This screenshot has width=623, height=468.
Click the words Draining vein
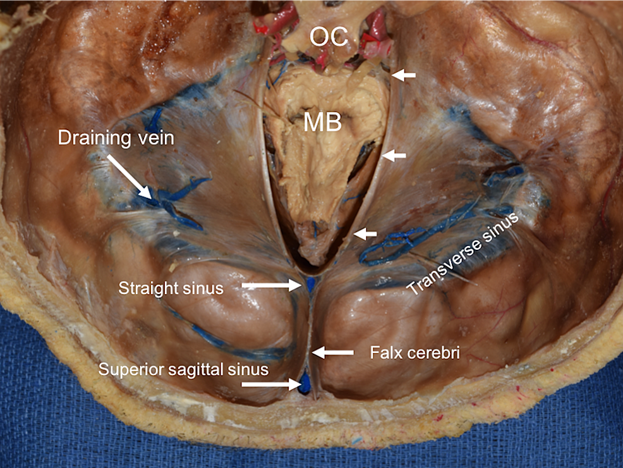(x=116, y=138)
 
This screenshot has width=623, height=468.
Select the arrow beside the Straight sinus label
(x=271, y=286)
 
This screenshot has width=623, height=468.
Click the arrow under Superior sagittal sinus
(x=271, y=384)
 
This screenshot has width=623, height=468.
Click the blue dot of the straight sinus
(x=310, y=285)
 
